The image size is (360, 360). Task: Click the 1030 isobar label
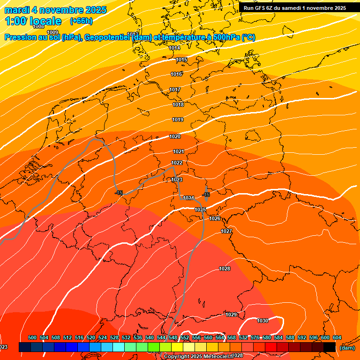(x=262, y=321)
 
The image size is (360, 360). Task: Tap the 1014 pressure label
(x=175, y=48)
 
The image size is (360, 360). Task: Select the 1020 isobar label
(x=175, y=136)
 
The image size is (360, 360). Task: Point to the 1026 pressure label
(x=215, y=219)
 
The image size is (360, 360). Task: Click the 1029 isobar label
(x=231, y=315)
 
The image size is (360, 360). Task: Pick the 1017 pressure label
(x=175, y=90)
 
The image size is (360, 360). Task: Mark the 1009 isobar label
(x=53, y=32)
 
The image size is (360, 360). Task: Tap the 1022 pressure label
(x=177, y=163)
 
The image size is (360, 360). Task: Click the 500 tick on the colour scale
(x=32, y=337)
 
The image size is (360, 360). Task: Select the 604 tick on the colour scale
(x=337, y=337)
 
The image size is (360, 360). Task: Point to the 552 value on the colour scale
(x=185, y=337)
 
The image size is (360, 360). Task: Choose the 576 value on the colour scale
(x=255, y=337)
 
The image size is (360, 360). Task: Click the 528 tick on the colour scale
(x=114, y=337)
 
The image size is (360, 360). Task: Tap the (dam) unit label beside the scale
(x=347, y=348)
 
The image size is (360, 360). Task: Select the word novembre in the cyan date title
(x=65, y=10)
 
